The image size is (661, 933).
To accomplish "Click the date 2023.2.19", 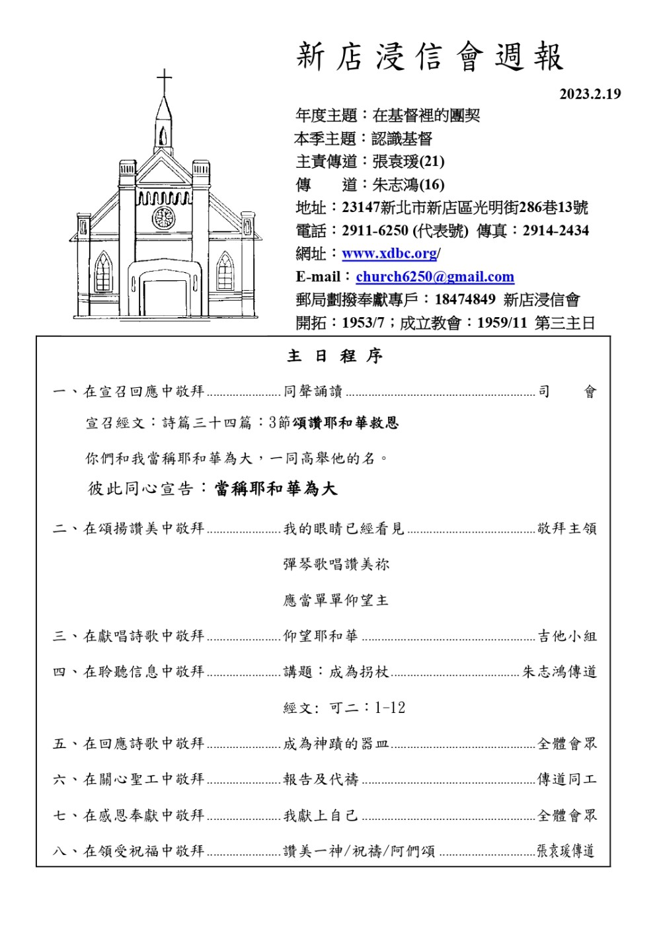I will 590,94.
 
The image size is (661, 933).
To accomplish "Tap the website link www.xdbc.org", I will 389,254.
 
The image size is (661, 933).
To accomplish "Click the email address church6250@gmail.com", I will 434,277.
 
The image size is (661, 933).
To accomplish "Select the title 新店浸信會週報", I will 430,57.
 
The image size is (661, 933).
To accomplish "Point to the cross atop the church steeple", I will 164,81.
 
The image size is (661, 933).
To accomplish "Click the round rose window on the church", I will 163,217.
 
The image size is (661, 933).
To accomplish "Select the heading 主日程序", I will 335,356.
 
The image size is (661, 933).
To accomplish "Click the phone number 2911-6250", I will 375,231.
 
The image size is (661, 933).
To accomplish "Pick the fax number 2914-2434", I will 555,231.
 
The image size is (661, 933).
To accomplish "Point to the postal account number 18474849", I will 465,299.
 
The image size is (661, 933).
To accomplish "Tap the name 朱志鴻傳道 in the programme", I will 559,672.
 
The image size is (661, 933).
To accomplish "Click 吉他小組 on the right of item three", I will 567,636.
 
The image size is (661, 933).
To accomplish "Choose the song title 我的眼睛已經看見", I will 343,529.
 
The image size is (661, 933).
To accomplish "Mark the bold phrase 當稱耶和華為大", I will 276,489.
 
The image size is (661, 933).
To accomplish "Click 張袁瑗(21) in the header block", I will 408,161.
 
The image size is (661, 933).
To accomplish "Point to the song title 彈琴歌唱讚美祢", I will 336,564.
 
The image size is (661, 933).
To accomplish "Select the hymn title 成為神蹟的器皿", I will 336,744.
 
